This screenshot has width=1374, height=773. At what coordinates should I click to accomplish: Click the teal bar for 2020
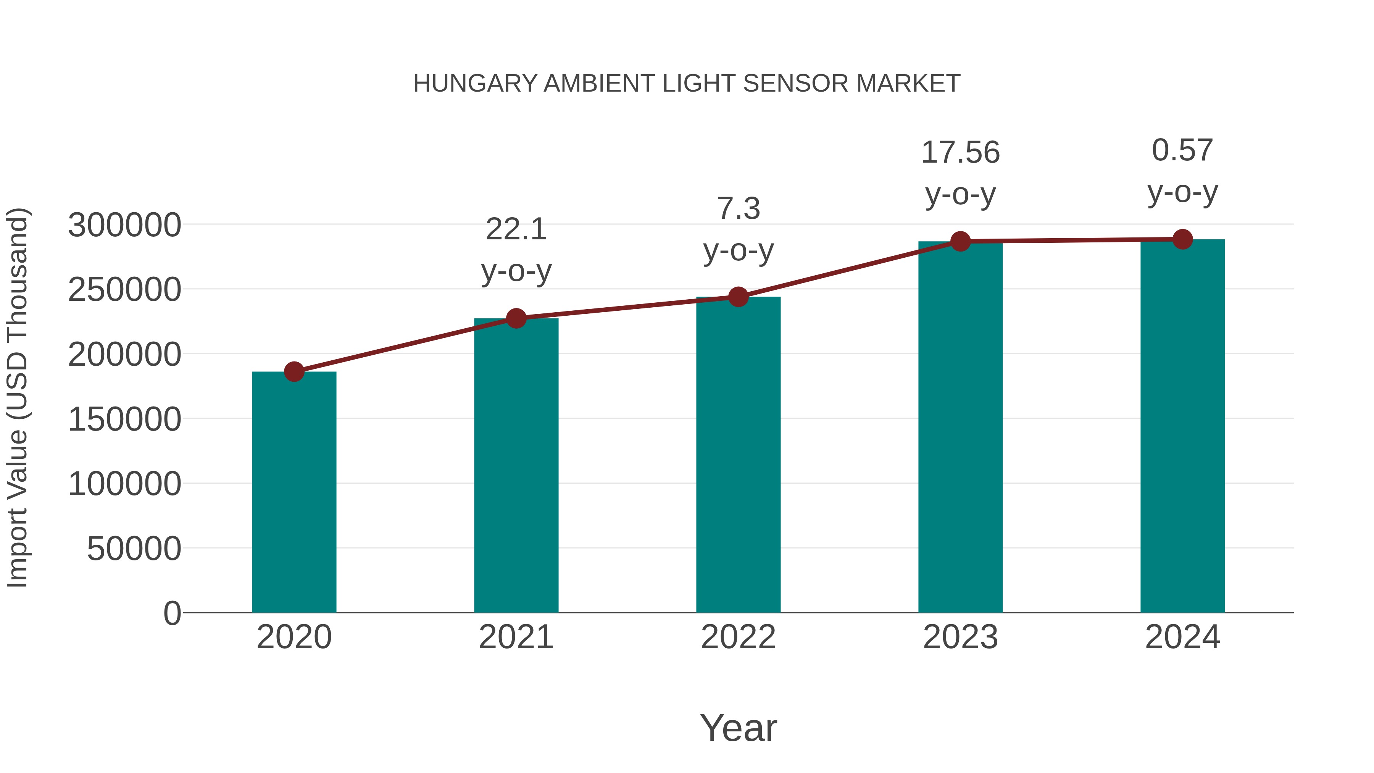294,492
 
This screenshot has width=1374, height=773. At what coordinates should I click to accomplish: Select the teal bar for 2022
738,455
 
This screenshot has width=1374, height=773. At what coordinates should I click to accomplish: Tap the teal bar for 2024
1182,426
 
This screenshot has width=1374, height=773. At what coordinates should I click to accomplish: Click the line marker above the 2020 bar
294,371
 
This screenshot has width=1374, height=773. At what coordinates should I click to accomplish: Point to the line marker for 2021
516,318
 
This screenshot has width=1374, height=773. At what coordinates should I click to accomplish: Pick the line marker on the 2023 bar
960,241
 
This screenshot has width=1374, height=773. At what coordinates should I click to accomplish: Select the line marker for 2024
1182,239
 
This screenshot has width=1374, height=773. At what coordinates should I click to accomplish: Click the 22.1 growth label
516,230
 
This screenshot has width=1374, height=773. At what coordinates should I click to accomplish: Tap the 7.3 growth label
738,208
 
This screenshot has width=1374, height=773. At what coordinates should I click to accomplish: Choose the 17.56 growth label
960,153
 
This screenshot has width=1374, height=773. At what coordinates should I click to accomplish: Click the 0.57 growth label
1182,150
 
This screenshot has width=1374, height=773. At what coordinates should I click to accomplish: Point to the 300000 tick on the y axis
124,224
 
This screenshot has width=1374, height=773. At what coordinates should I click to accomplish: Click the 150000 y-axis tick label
124,419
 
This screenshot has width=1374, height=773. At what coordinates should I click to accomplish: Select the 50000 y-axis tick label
134,549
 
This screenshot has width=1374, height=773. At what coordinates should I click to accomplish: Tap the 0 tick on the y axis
172,613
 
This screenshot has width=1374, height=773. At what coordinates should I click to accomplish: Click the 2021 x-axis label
516,637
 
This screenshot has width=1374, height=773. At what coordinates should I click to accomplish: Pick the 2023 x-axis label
960,637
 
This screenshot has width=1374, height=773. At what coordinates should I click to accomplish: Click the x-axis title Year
738,728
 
